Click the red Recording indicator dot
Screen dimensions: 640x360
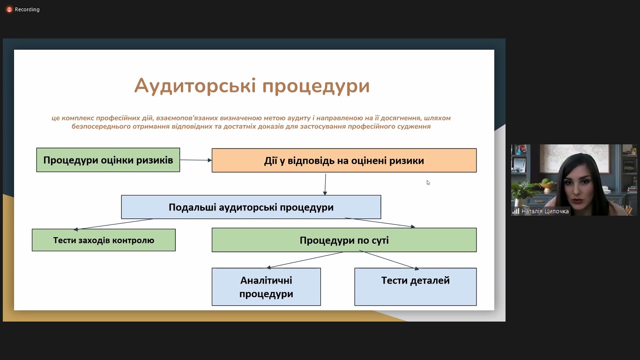pyautogui.click(x=9, y=9)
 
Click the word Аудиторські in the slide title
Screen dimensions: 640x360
pyautogui.click(x=195, y=86)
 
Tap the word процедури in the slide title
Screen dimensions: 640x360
pyautogui.click(x=316, y=87)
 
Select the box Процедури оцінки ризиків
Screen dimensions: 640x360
pyautogui.click(x=108, y=160)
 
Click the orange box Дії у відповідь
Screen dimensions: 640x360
pyautogui.click(x=344, y=160)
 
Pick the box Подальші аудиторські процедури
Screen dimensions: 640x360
pyautogui.click(x=251, y=207)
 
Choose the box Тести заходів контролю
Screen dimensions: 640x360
pyautogui.click(x=104, y=240)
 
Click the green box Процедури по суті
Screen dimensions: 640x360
pyautogui.click(x=344, y=240)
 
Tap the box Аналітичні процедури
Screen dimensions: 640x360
pyautogui.click(x=266, y=287)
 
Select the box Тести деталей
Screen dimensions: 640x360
pyautogui.click(x=416, y=287)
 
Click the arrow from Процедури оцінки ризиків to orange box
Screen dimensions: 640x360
pyautogui.click(x=196, y=160)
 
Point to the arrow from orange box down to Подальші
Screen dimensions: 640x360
pyautogui.click(x=325, y=184)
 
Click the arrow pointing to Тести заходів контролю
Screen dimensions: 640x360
pyautogui.click(x=113, y=224)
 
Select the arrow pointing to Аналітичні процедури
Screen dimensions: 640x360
pyautogui.click(x=305, y=260)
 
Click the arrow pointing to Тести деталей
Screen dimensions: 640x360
pyautogui.click(x=389, y=260)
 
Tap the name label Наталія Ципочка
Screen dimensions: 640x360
pyautogui.click(x=545, y=211)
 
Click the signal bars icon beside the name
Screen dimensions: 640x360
pyautogui.click(x=516, y=211)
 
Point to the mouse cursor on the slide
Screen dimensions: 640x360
pyautogui.click(x=428, y=182)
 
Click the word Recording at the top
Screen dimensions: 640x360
pyautogui.click(x=27, y=9)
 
